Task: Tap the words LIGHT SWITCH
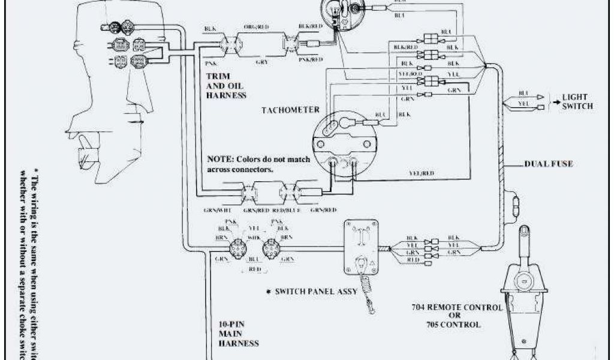[x=576, y=101]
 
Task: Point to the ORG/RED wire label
[x=255, y=28]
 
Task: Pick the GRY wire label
[x=261, y=61]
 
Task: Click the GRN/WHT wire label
[x=217, y=210]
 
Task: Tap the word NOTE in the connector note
[x=219, y=161]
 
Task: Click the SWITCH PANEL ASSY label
[x=316, y=292]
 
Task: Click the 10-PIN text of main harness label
[x=231, y=325]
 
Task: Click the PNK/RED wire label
[x=311, y=59]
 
